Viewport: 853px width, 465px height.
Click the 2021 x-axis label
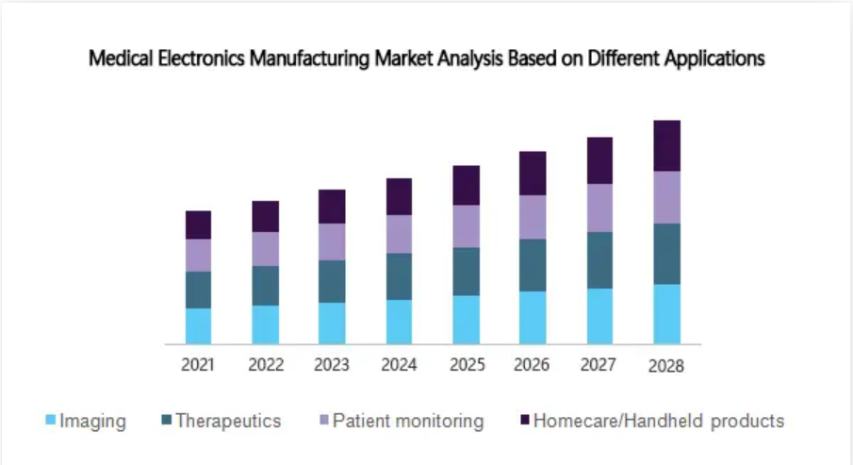click(x=198, y=365)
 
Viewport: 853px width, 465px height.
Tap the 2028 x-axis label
click(x=666, y=366)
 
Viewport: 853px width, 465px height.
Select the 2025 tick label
click(x=466, y=365)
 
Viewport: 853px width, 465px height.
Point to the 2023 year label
click(x=332, y=365)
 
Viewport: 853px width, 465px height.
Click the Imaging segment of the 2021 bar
click(x=198, y=325)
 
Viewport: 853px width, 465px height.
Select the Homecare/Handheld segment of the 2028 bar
click(x=666, y=145)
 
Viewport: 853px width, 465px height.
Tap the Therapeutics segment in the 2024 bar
click(x=399, y=276)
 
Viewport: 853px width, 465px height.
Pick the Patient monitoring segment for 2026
click(x=533, y=217)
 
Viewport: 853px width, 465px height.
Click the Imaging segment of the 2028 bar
click(x=666, y=314)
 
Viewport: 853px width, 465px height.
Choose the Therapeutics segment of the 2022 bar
click(x=265, y=286)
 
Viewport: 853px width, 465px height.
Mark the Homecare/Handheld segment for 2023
click(x=332, y=207)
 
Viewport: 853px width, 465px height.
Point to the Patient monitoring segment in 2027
click(x=599, y=208)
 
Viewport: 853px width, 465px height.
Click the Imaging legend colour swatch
click(x=51, y=421)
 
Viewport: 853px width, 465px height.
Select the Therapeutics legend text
click(x=228, y=421)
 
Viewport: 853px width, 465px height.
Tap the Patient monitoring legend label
click(x=408, y=421)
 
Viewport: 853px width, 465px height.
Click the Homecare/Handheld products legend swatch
click(x=524, y=421)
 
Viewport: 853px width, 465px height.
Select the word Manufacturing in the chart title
click(x=311, y=58)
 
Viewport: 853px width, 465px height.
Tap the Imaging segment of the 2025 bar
click(x=466, y=320)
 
